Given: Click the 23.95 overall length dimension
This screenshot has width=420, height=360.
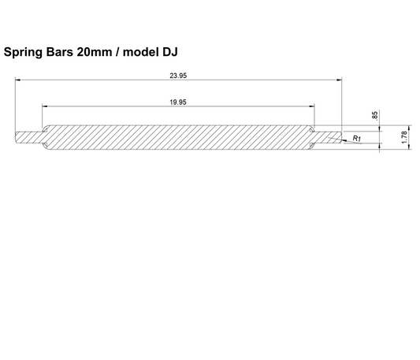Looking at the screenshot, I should [177, 76].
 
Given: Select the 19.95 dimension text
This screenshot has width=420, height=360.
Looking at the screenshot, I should [177, 102].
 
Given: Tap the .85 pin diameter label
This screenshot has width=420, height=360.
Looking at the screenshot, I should [374, 115].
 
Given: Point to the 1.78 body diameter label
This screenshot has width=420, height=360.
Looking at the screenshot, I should [404, 136].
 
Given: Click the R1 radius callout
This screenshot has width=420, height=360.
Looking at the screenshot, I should [357, 138].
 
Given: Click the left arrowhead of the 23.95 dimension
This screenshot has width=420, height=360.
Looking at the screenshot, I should [17, 80].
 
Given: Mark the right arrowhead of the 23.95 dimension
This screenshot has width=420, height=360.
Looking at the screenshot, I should [340, 80].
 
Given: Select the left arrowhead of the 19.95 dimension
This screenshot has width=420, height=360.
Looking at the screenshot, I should [45, 106].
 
